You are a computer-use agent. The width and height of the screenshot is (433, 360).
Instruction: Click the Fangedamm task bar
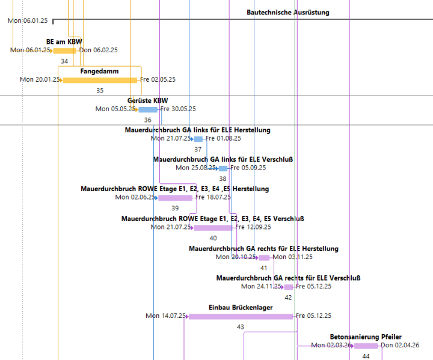pos(100,80)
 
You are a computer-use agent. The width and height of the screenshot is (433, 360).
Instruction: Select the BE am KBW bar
pos(65,50)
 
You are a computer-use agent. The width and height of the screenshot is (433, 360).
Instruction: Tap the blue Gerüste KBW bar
pos(148,109)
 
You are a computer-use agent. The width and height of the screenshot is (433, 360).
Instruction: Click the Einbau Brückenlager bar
pos(241,316)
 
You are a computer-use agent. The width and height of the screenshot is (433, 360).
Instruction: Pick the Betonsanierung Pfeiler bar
pos(366,346)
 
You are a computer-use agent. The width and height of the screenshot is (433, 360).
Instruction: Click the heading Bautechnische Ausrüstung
pos(288,12)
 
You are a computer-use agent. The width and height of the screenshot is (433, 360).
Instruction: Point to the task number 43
pos(241,327)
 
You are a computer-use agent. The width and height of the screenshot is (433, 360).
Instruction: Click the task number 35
pos(100,91)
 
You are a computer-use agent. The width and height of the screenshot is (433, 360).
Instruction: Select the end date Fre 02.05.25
pos(158,79)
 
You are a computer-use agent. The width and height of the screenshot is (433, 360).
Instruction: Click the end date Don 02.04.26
pos(399,345)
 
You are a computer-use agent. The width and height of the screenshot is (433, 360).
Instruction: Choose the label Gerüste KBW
pos(147,100)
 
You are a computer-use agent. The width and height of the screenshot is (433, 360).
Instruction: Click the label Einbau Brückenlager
pos(241,307)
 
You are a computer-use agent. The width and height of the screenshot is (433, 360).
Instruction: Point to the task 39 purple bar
pos(175,198)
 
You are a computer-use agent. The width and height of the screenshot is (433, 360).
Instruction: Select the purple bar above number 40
pos(212,228)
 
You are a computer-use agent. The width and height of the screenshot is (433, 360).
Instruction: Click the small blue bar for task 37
pos(198,139)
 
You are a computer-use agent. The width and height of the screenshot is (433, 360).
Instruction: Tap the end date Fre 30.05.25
pos(178,109)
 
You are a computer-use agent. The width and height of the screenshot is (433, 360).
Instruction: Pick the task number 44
pos(366,356)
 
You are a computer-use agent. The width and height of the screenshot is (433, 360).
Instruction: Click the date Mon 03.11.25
pos(293,257)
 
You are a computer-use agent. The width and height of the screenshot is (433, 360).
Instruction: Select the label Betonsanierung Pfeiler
pos(366,337)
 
